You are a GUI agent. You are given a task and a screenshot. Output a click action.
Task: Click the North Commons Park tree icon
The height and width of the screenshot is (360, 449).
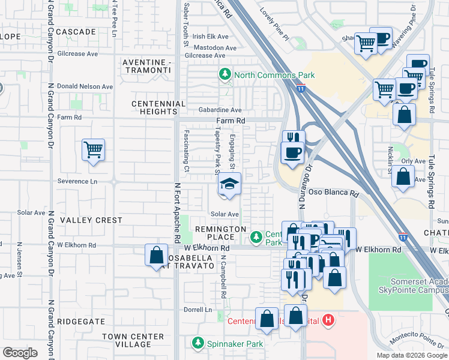point(225,74)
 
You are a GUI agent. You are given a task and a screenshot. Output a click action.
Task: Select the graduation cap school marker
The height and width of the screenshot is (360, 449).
point(229,184)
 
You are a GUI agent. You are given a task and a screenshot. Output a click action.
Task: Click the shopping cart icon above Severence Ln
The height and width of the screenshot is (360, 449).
point(93,149)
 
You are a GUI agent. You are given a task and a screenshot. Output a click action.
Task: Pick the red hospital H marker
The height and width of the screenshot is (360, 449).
point(328,320)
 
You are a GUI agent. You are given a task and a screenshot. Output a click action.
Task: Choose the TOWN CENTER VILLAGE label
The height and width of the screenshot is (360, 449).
point(133,340)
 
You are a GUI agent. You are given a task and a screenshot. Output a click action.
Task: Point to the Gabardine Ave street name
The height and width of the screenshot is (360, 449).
point(220,110)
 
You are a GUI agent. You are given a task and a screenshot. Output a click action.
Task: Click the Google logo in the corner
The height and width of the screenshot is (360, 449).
point(20,353)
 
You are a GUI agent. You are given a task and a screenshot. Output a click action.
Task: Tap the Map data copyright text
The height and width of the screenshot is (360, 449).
point(412,355)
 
